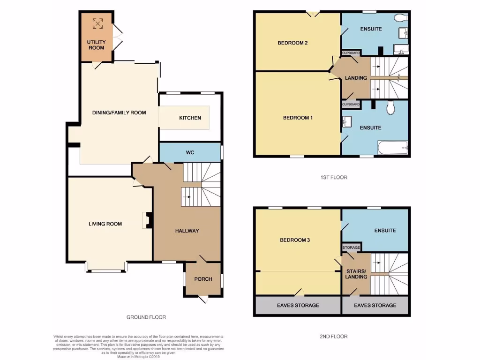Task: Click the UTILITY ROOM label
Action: (x=97, y=45)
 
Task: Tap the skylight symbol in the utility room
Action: (x=97, y=23)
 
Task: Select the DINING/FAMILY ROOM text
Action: (x=119, y=112)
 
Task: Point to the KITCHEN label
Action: (x=190, y=118)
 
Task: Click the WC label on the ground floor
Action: (x=190, y=152)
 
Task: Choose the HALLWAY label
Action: (x=187, y=231)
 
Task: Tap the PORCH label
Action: (x=203, y=279)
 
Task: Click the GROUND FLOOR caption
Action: (x=146, y=317)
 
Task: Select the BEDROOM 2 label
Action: (x=292, y=43)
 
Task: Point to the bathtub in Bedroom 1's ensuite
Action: (x=393, y=149)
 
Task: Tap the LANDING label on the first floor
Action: (x=356, y=78)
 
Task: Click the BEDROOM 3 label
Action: (x=295, y=240)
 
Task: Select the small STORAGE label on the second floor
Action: (x=351, y=247)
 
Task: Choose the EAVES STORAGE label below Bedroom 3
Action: (x=297, y=305)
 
